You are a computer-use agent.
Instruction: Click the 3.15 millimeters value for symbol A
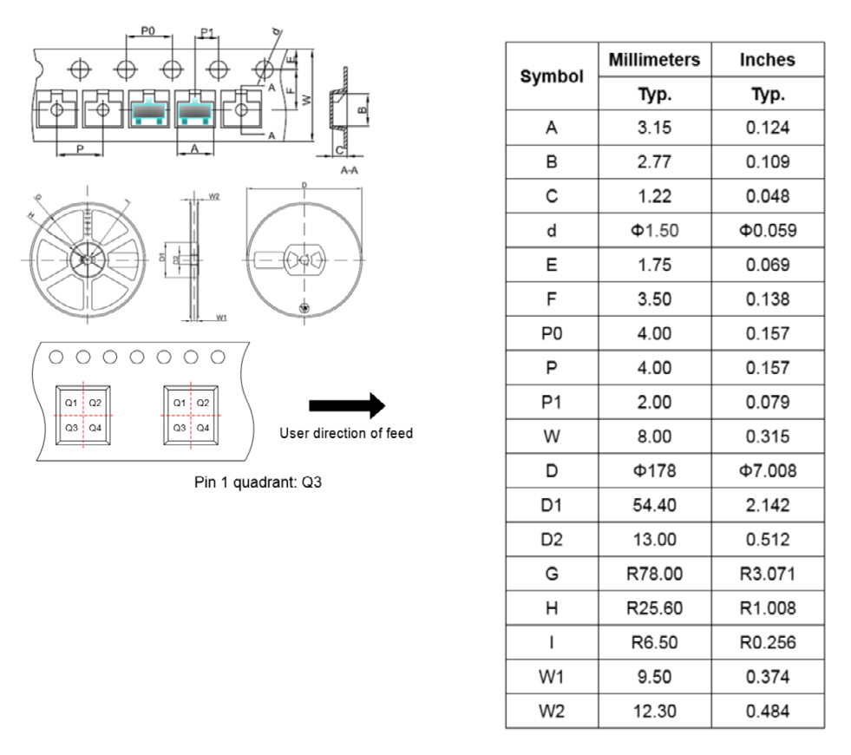(x=654, y=128)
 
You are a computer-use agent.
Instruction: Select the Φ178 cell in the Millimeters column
(x=654, y=471)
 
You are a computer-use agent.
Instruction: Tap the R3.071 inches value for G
(x=768, y=574)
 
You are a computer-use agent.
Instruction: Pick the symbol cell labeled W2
(x=551, y=711)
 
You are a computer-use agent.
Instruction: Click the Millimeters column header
(x=654, y=60)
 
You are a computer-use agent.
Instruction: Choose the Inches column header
(x=768, y=60)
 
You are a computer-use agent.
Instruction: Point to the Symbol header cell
(x=551, y=76)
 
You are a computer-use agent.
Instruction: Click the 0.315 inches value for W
(x=768, y=437)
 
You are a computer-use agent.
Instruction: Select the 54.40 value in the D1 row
(x=654, y=505)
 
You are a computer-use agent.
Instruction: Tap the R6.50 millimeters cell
(x=654, y=642)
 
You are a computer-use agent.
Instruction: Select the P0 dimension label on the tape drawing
(x=147, y=30)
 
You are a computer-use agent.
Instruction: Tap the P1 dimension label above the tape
(x=206, y=33)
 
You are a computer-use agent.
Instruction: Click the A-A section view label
(x=350, y=170)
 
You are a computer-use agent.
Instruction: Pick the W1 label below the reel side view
(x=221, y=318)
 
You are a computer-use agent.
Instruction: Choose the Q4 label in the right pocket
(x=202, y=428)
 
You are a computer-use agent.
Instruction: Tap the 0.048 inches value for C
(x=768, y=197)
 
